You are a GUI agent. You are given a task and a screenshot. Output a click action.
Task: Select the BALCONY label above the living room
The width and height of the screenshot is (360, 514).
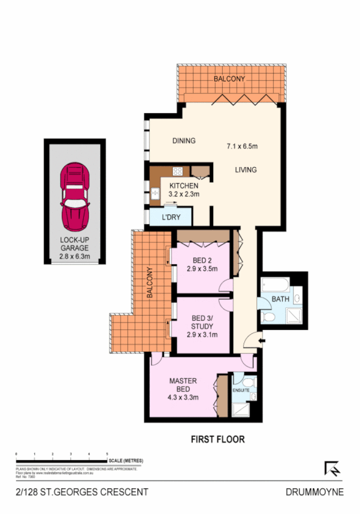coord(230,79)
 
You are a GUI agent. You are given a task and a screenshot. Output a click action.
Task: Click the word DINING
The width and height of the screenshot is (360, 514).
coord(184,141)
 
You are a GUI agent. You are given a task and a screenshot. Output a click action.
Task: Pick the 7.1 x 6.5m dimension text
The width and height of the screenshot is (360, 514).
coord(242,146)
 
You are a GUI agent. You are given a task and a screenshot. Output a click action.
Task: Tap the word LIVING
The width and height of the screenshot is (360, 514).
coord(245,169)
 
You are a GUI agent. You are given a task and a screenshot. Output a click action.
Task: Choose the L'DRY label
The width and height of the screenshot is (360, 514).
coord(171,217)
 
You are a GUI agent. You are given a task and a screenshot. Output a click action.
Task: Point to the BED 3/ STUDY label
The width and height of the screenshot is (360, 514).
coord(201,322)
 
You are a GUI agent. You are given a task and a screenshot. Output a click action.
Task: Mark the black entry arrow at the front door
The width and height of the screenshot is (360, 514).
coord(261,341)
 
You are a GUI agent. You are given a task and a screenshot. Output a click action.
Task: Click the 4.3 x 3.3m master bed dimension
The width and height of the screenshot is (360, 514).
coord(184,397)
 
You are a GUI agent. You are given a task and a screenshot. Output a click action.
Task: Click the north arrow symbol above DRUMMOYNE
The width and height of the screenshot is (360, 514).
coord(332,468)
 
